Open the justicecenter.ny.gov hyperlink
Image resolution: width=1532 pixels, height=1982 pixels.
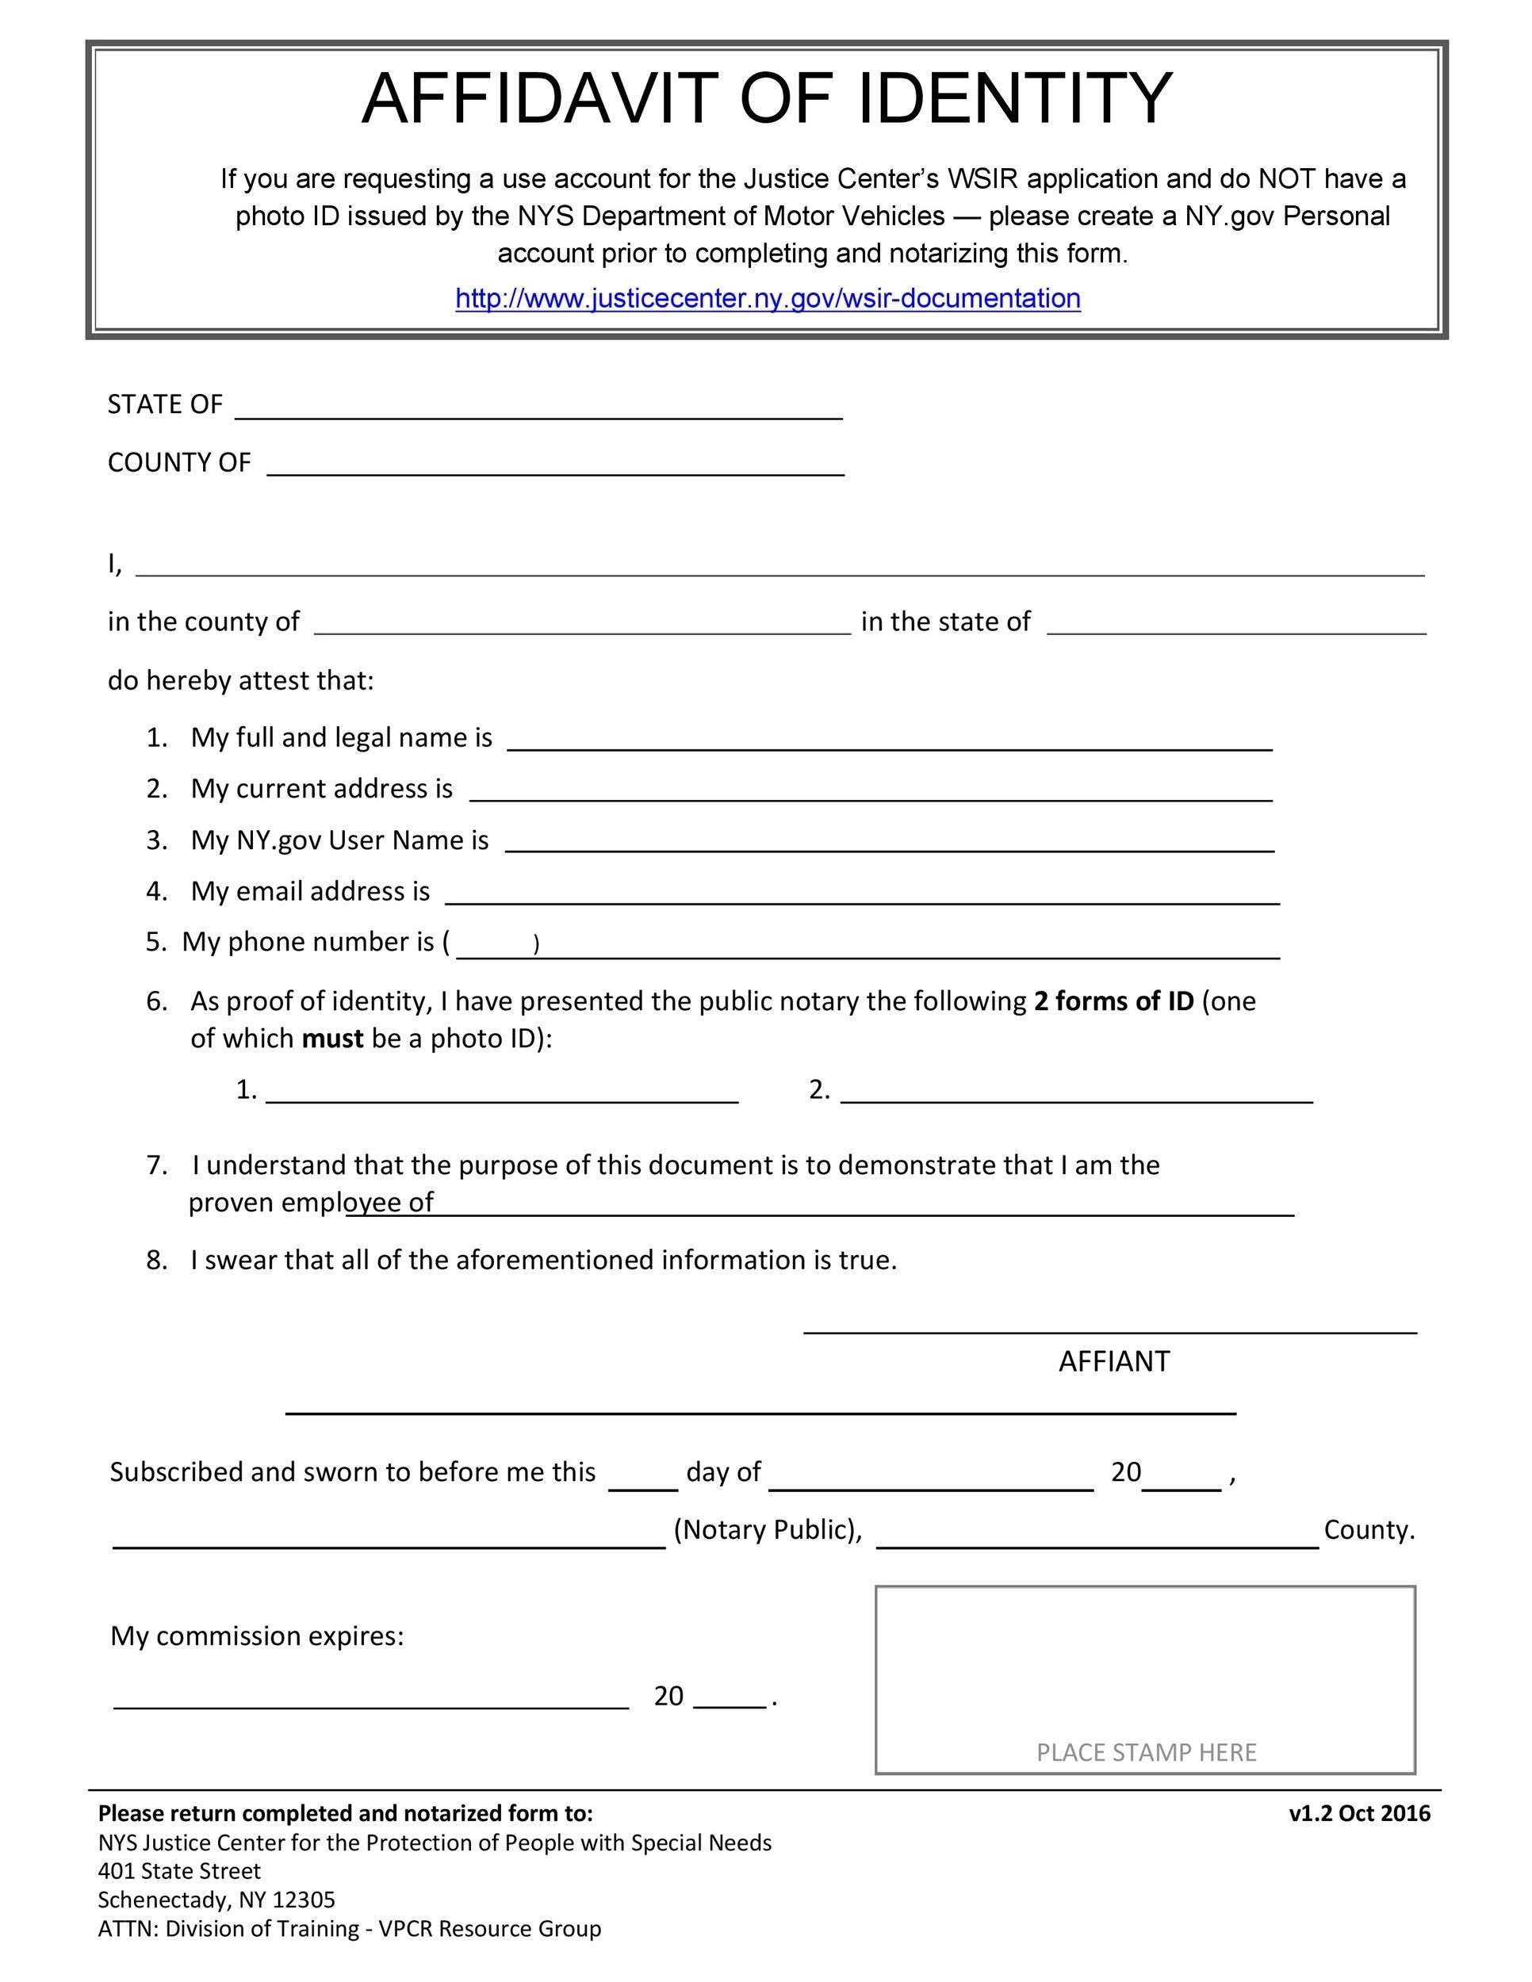[768, 299]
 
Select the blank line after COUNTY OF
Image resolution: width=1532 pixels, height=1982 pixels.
[554, 465]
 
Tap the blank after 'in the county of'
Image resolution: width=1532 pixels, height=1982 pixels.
[582, 625]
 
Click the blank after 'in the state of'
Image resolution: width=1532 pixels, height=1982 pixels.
[1236, 625]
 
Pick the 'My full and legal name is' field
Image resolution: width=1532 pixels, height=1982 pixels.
[890, 740]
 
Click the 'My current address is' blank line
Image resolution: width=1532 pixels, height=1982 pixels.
[871, 791]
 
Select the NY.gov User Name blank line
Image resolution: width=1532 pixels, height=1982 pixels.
[890, 843]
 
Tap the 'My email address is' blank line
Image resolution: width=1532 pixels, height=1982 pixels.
[862, 895]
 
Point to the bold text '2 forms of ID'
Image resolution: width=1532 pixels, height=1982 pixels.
[1113, 1001]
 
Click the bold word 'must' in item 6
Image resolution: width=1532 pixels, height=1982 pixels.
[332, 1039]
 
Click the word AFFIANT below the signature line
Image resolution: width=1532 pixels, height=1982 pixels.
[1113, 1361]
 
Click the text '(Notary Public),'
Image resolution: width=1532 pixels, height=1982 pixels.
[768, 1530]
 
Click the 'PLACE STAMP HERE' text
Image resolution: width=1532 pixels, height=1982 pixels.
[1147, 1752]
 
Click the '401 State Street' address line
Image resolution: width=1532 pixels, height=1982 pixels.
[180, 1871]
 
